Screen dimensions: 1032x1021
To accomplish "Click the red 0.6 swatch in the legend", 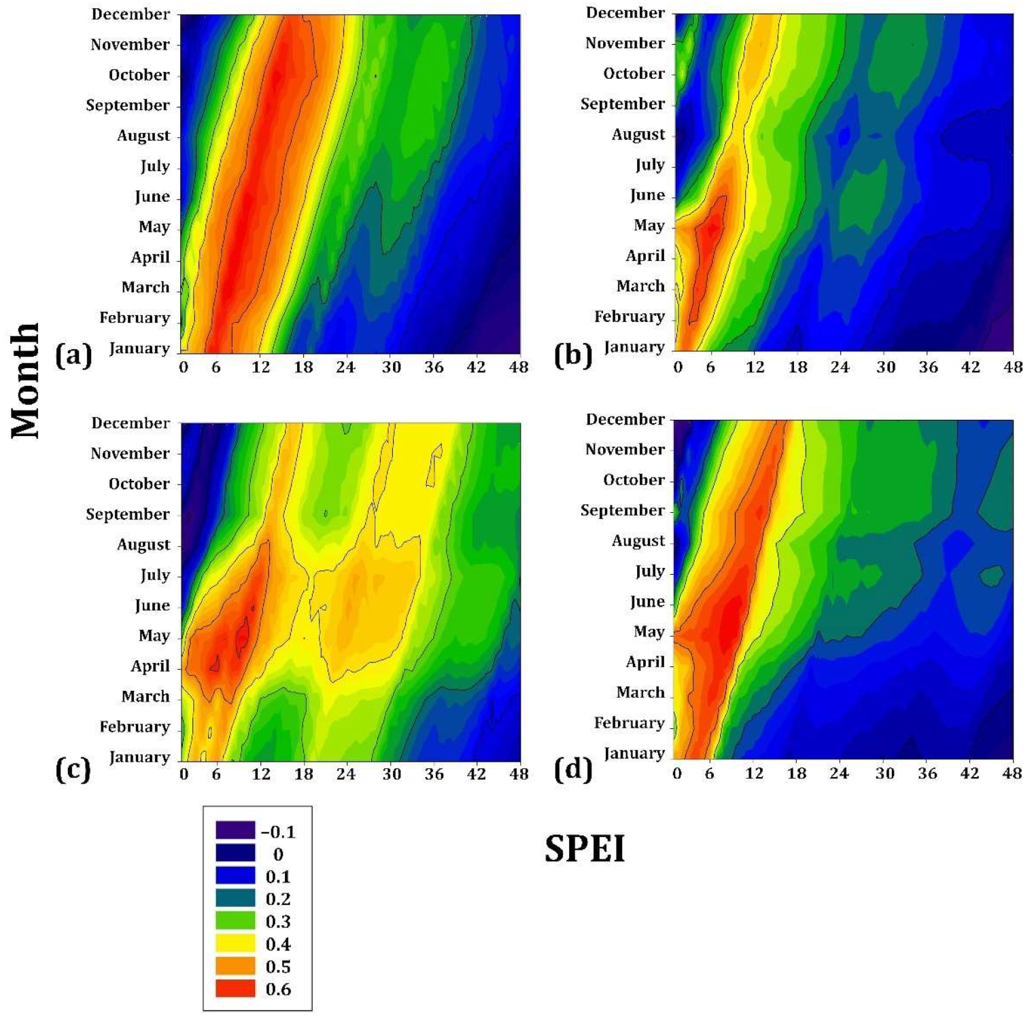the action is (235, 988).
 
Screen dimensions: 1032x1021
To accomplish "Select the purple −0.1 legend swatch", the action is (235, 831).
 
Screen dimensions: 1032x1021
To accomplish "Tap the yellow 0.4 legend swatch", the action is (235, 944).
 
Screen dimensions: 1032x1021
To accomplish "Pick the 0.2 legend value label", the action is (278, 899).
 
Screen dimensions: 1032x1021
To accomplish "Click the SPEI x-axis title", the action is (584, 848).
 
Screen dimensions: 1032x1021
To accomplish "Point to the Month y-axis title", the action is (26, 380).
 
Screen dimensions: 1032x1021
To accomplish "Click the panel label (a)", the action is (73, 355).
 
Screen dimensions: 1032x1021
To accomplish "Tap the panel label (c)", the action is (73, 770).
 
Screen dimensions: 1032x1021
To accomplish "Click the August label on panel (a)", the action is (143, 135).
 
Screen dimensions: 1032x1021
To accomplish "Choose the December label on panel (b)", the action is (625, 13).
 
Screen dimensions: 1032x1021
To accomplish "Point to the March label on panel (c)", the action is (145, 696).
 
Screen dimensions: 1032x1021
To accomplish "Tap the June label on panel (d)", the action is (647, 602).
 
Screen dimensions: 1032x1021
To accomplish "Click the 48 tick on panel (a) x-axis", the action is (519, 368).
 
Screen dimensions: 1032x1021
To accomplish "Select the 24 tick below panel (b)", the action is (840, 368).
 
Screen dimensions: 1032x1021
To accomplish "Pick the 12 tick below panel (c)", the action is (261, 774).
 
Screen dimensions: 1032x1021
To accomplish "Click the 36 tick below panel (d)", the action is (927, 774).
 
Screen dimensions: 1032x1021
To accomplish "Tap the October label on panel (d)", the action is (634, 480).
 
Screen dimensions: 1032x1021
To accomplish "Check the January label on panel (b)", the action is (634, 347).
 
